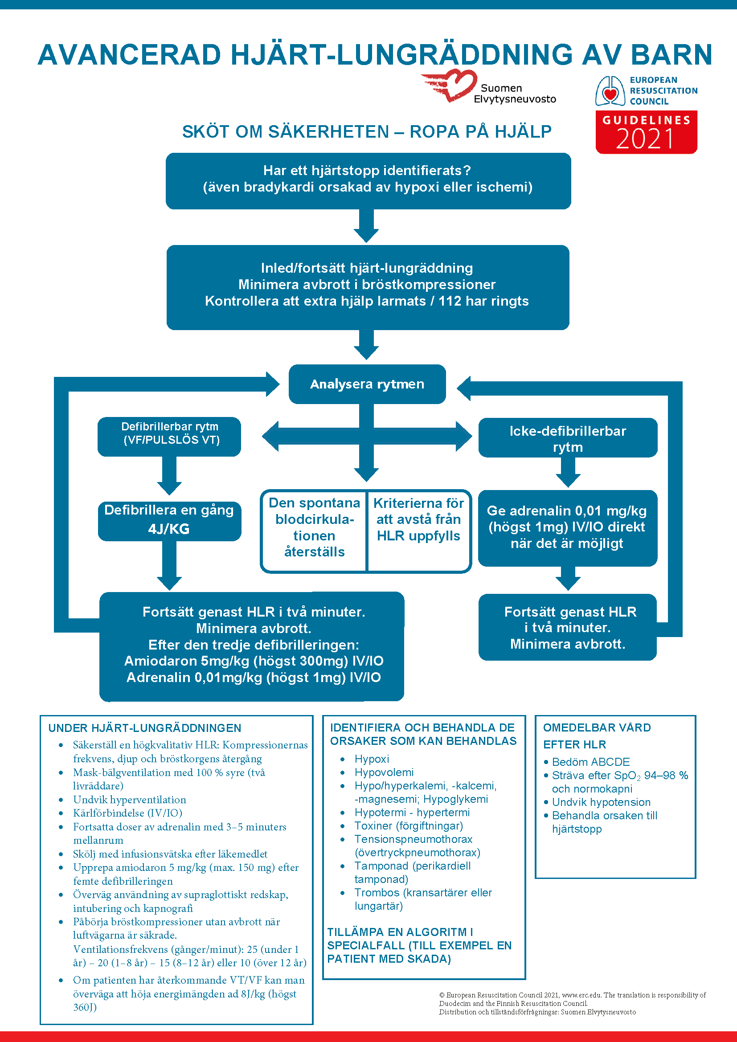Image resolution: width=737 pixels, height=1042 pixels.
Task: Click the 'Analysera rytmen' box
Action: coord(367,384)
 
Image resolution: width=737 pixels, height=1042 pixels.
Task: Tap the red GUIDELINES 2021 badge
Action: coord(646,132)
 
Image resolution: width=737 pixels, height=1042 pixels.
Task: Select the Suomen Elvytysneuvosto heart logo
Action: coord(450,86)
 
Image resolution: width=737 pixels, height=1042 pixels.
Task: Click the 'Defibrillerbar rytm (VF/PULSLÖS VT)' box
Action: coord(169,437)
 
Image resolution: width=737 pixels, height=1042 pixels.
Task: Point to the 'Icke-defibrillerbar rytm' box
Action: coord(568,437)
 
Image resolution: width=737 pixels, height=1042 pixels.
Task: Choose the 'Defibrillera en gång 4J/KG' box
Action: coord(169,521)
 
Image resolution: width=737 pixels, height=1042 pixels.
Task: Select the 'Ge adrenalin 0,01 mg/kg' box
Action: coord(568,528)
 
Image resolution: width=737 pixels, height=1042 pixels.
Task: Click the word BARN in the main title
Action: coord(671,55)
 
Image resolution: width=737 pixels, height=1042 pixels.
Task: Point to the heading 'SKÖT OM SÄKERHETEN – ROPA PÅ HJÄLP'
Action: coord(367,131)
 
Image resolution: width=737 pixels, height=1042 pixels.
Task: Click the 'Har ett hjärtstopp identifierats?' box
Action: coord(368,181)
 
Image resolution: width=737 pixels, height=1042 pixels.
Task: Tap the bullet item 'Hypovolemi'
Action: coord(384,772)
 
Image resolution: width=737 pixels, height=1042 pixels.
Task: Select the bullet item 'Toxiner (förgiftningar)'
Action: coord(409,825)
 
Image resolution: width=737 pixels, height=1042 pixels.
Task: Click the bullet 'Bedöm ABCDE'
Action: coord(590,762)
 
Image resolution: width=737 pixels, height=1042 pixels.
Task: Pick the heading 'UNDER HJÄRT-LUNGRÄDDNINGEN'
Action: coord(145,728)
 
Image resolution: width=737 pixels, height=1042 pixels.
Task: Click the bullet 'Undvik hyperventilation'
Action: coord(129,800)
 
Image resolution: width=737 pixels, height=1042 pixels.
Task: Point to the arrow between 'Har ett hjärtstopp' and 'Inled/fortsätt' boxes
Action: coord(366,225)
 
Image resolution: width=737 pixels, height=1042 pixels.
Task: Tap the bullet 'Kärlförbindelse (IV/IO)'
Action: coord(127,813)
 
